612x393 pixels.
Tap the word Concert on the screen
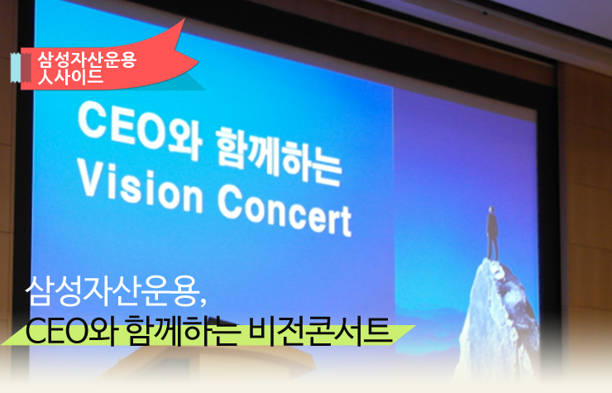point(284,210)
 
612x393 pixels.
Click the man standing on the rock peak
point(492,232)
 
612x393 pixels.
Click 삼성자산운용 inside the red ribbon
point(87,60)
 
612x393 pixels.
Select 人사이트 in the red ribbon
point(70,76)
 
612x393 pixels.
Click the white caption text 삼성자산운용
point(112,291)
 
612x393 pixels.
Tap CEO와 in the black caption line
point(73,332)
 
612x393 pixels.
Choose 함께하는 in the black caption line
point(182,331)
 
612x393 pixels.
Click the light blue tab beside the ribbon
point(15,68)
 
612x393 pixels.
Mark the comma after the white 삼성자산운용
point(203,302)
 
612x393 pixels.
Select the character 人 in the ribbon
point(45,77)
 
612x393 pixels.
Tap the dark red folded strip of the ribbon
point(26,68)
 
